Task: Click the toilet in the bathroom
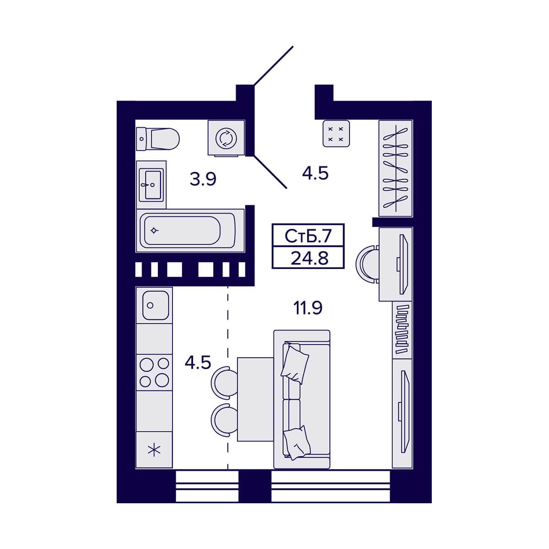pyautogui.click(x=157, y=139)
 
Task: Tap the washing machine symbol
pyautogui.click(x=226, y=138)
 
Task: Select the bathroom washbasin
pyautogui.click(x=151, y=185)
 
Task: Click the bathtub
pyautogui.click(x=190, y=231)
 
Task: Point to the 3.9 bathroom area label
pyautogui.click(x=203, y=179)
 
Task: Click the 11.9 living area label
pyautogui.click(x=308, y=308)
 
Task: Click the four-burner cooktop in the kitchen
pyautogui.click(x=154, y=372)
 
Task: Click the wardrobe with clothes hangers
pyautogui.click(x=395, y=168)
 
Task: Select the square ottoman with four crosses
pyautogui.click(x=336, y=133)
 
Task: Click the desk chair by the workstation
pyautogui.click(x=367, y=264)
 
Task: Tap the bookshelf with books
pyautogui.click(x=402, y=329)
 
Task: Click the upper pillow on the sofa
pyautogui.click(x=295, y=364)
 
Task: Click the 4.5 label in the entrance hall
pyautogui.click(x=315, y=173)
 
